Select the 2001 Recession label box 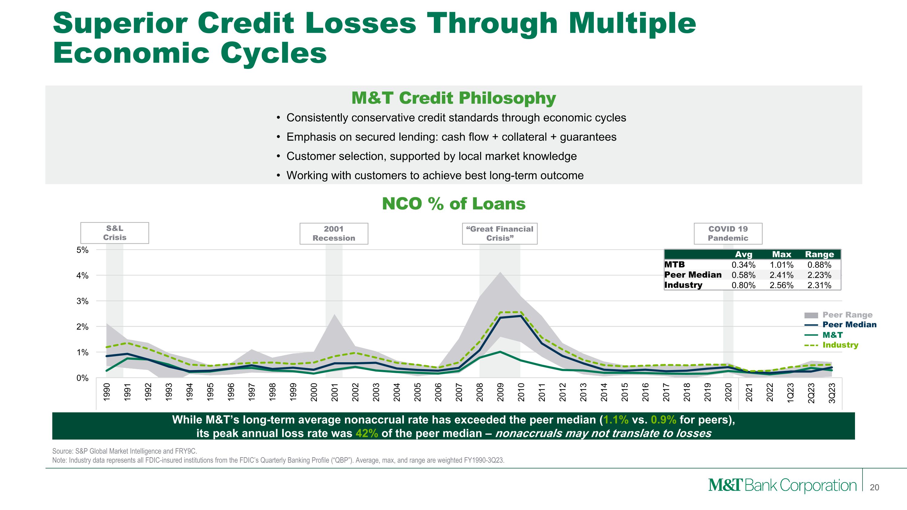point(333,233)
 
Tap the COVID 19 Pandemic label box point(728,233)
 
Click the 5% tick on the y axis point(83,250)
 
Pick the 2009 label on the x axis point(500,392)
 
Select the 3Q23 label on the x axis point(832,393)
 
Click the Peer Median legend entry point(849,324)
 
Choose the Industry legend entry point(840,345)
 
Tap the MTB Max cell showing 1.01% point(781,265)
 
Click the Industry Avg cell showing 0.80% point(743,285)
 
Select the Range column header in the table point(819,254)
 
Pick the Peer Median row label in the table point(693,274)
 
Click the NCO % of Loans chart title point(453,204)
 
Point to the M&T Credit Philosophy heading point(453,98)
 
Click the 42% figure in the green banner point(366,433)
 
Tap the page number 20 point(874,487)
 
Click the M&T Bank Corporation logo point(782,486)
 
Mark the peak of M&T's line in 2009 point(500,352)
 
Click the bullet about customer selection point(431,156)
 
